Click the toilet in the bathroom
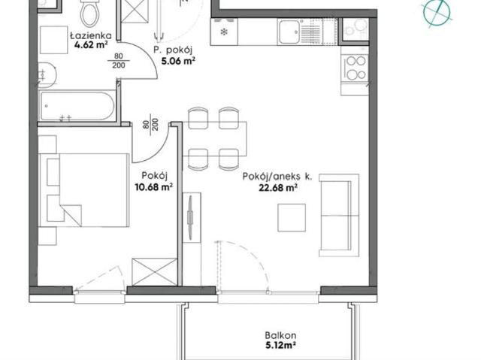(x=90, y=13)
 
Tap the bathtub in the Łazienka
(x=77, y=106)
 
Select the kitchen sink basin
(x=289, y=32)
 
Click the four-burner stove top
(x=355, y=68)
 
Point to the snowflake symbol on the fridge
(x=224, y=32)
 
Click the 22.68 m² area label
(x=278, y=187)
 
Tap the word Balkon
(x=280, y=335)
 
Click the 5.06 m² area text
(x=178, y=61)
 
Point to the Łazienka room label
(x=91, y=36)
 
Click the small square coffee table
(x=292, y=218)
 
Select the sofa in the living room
(x=339, y=215)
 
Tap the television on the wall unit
(x=190, y=218)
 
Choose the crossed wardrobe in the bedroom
(x=155, y=272)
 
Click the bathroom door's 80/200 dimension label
(x=119, y=61)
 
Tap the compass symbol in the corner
(x=437, y=12)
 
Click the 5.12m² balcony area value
(x=280, y=346)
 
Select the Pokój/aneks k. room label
(x=277, y=177)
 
